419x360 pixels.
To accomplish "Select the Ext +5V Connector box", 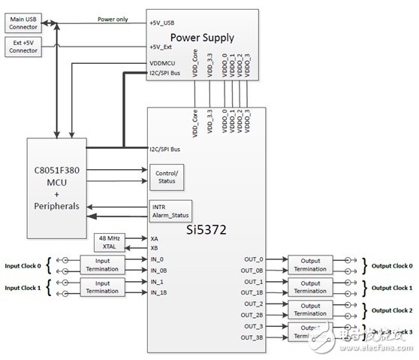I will pos(24,47).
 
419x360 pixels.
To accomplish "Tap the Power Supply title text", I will pos(201,37).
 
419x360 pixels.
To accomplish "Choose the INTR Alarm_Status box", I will pos(170,210).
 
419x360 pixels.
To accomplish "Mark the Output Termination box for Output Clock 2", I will pos(309,309).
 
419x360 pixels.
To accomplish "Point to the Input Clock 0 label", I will pos(23,265).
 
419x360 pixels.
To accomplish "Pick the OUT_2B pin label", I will pos(252,315).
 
